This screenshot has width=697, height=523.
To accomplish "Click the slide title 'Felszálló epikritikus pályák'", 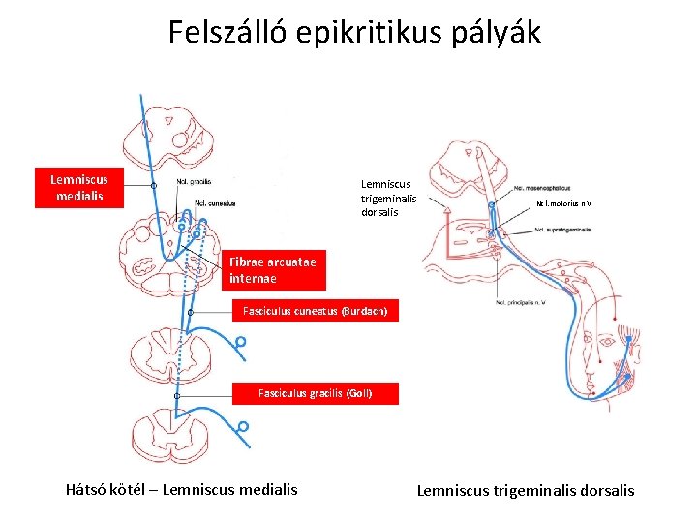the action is pos(354,33).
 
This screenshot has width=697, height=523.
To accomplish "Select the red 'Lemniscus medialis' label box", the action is pos(79,188).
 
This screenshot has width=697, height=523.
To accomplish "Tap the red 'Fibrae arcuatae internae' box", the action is pos(272,269).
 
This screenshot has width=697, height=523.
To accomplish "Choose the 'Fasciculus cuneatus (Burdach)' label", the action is pos(316,312).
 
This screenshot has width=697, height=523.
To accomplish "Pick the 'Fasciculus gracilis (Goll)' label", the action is pos(315,393).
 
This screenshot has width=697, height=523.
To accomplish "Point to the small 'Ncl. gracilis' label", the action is pos(195,181).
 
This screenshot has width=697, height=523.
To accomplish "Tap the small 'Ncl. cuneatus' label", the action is pos(215,203).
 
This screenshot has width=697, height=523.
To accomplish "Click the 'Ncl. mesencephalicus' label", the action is pos(541,188).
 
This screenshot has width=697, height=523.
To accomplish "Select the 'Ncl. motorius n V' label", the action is pos(564,203).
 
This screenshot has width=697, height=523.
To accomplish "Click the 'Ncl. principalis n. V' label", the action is pos(518,303).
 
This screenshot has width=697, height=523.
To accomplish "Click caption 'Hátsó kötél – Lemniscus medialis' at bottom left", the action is pos(182,489).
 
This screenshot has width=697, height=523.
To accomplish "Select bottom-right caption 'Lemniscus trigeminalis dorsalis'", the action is pos(526,490).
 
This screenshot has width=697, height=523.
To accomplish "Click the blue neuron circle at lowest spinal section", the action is pos(243,426).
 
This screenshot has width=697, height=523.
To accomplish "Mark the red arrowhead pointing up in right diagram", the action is pos(447,206).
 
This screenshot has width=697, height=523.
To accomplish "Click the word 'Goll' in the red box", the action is pos(356,393).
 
